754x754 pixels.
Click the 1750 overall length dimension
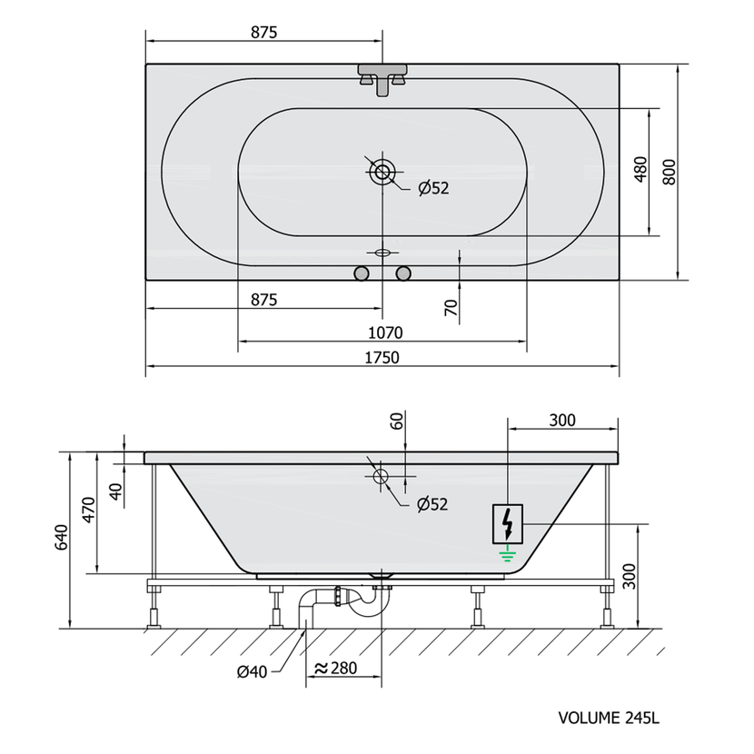[382, 358]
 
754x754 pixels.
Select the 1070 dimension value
[385, 332]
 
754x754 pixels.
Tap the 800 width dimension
[669, 172]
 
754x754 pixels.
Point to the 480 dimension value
[640, 169]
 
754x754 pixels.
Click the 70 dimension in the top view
[451, 308]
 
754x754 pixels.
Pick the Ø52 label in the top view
[433, 188]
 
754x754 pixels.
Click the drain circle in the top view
[382, 171]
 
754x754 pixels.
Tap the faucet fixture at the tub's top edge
[382, 79]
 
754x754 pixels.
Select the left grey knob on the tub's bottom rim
[362, 273]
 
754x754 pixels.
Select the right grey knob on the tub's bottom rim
[403, 273]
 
